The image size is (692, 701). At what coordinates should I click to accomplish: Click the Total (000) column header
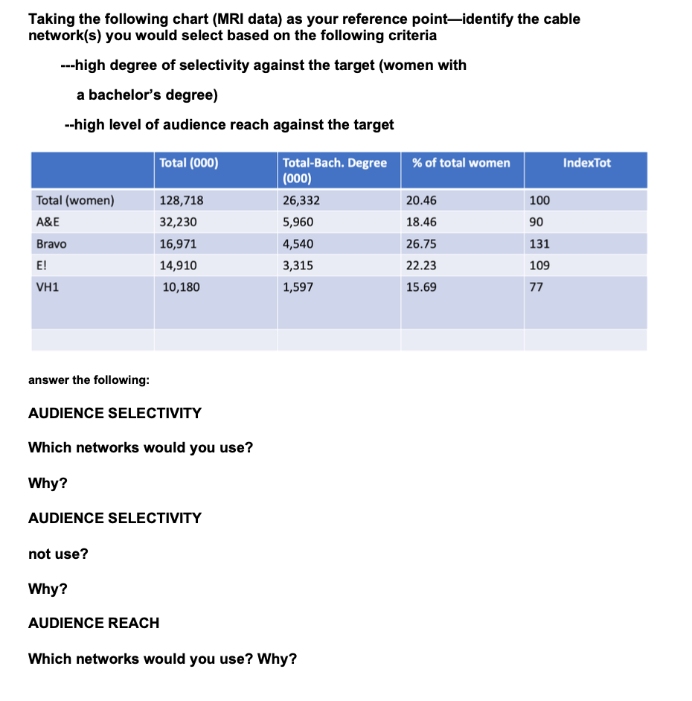tap(189, 163)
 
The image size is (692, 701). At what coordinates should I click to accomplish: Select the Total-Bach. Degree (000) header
tap(334, 170)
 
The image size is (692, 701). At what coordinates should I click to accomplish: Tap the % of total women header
tap(461, 163)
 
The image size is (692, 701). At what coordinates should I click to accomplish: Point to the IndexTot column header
tap(586, 163)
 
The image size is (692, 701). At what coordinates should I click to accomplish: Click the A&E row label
tap(48, 222)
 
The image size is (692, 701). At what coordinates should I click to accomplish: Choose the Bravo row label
tap(51, 243)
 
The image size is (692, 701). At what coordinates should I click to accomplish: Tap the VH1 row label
tap(46, 287)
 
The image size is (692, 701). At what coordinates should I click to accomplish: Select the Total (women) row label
tap(75, 200)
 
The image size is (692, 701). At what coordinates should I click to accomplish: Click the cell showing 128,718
tap(182, 200)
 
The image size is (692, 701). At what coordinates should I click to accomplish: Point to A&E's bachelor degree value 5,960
tap(298, 222)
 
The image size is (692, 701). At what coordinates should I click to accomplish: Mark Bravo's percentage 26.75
tap(422, 243)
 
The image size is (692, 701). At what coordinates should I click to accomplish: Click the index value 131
tap(539, 243)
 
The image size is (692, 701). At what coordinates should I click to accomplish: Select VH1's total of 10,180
tap(181, 287)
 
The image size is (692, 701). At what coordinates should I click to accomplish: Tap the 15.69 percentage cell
tap(422, 287)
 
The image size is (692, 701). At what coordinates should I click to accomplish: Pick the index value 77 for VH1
tap(536, 287)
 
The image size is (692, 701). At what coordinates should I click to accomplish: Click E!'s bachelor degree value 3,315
tap(298, 265)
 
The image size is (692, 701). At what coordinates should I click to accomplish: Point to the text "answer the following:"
tap(89, 380)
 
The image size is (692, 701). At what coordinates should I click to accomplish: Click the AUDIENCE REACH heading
tap(94, 623)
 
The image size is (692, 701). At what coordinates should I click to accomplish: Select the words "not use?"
tap(58, 554)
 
